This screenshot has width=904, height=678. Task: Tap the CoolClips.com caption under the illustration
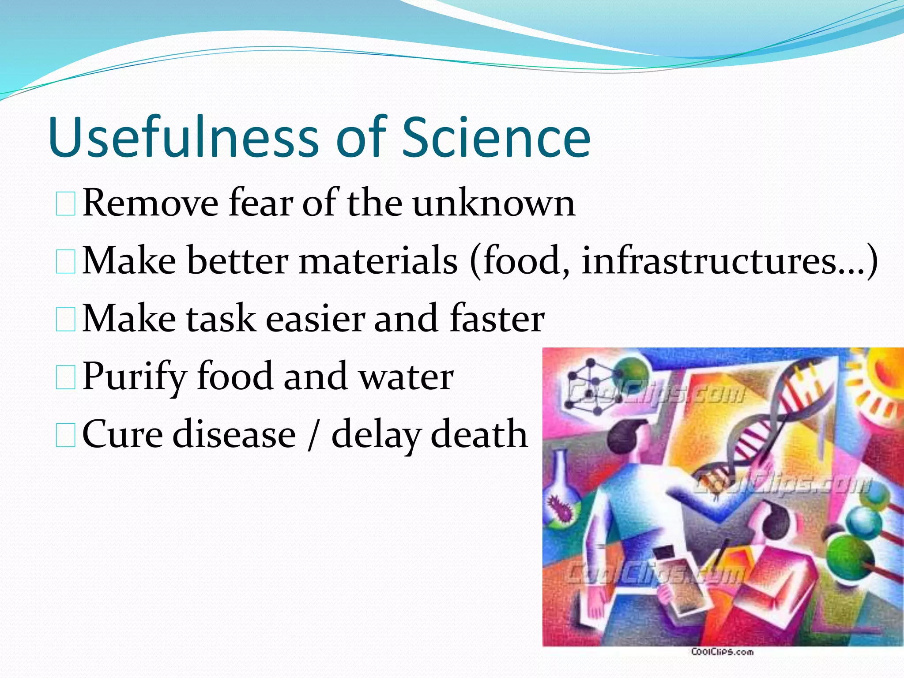coord(722,652)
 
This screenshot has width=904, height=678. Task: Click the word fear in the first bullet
coord(260,203)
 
